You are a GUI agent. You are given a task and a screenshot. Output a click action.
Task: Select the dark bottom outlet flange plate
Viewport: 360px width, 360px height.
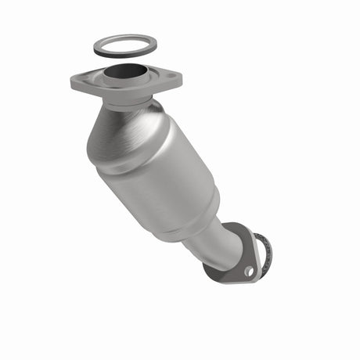(x=227, y=270)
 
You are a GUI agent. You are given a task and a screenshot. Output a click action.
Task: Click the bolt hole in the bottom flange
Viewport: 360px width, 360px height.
(x=248, y=271)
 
